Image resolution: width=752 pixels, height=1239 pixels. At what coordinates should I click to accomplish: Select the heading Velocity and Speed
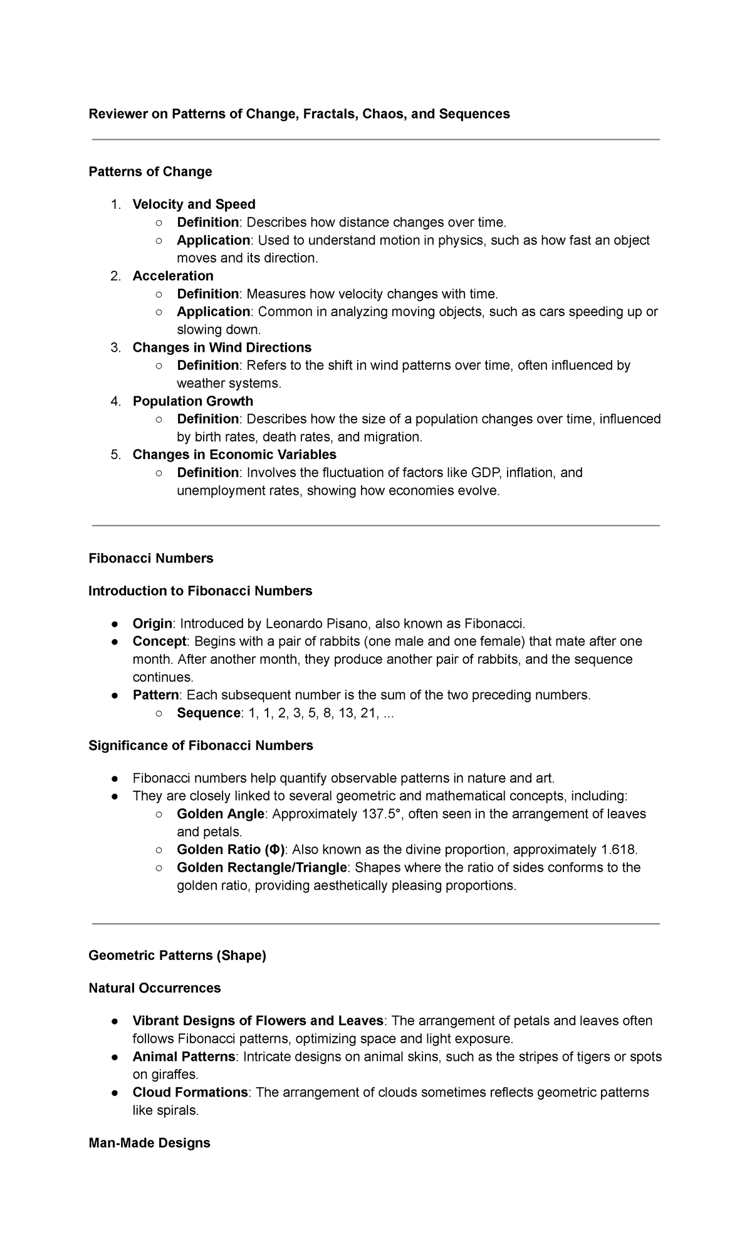194,204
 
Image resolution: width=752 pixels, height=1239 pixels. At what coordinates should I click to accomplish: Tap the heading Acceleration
173,276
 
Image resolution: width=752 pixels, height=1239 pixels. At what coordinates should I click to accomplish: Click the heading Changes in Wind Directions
222,347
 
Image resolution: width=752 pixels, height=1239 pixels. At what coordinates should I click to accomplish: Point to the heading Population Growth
193,401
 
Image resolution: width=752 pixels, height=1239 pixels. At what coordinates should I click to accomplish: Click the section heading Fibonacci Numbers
150,558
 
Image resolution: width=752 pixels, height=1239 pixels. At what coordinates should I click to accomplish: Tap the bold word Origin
152,623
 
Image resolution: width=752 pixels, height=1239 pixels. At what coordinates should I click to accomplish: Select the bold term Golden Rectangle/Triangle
261,868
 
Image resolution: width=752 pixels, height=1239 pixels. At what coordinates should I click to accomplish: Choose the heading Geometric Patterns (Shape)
177,956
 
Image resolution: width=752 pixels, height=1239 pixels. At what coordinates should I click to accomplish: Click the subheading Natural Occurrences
154,988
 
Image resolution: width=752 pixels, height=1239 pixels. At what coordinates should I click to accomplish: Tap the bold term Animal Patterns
184,1057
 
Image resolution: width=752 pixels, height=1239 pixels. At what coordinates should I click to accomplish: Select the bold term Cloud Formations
190,1092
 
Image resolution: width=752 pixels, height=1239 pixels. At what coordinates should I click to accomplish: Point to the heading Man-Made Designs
149,1142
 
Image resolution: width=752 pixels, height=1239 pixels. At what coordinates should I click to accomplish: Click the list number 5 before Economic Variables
115,455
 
